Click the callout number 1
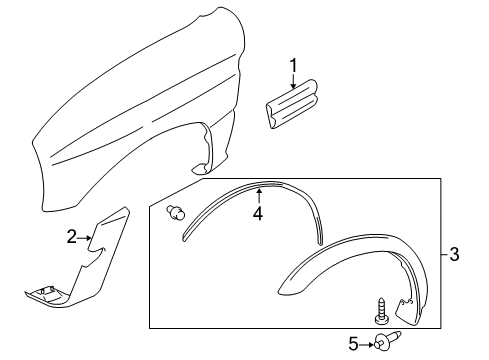coord(293,67)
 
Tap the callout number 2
coord(72,236)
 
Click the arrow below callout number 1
coord(293,84)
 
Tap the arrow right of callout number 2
coord(89,236)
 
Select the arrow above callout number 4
coord(258,195)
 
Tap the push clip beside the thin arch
coord(178,212)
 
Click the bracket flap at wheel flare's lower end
coord(408,310)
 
